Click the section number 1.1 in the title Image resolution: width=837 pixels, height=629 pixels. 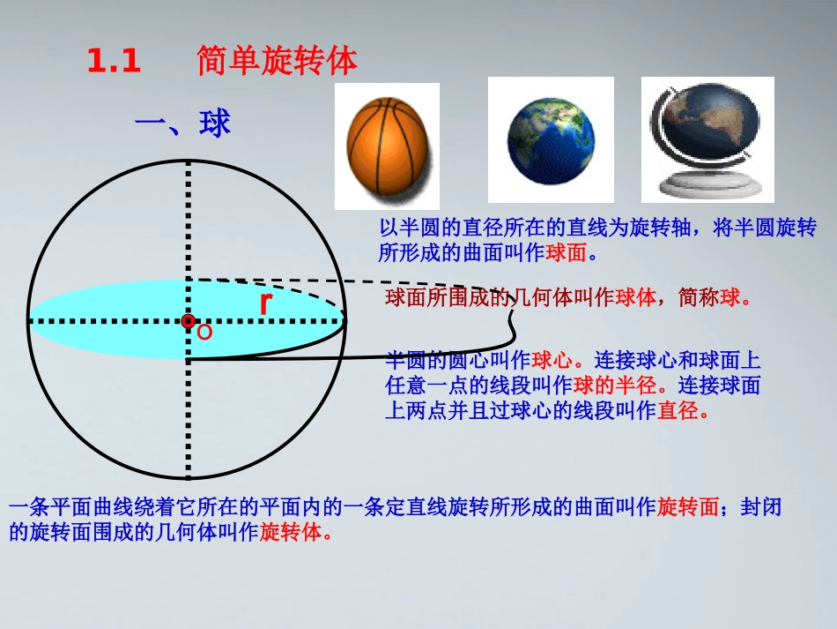[114, 62]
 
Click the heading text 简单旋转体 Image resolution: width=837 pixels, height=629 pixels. [278, 62]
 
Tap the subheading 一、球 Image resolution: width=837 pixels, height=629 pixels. [182, 124]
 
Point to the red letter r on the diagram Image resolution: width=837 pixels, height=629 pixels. [265, 303]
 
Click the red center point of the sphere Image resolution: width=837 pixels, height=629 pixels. [188, 322]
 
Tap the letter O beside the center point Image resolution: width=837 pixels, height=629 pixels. [204, 333]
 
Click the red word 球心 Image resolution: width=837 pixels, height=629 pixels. [553, 361]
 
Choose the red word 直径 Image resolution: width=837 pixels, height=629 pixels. [678, 410]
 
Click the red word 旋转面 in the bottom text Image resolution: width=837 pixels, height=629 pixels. [688, 507]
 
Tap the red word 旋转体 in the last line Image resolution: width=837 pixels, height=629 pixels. [291, 532]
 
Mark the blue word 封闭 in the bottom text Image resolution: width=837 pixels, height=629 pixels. [761, 507]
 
